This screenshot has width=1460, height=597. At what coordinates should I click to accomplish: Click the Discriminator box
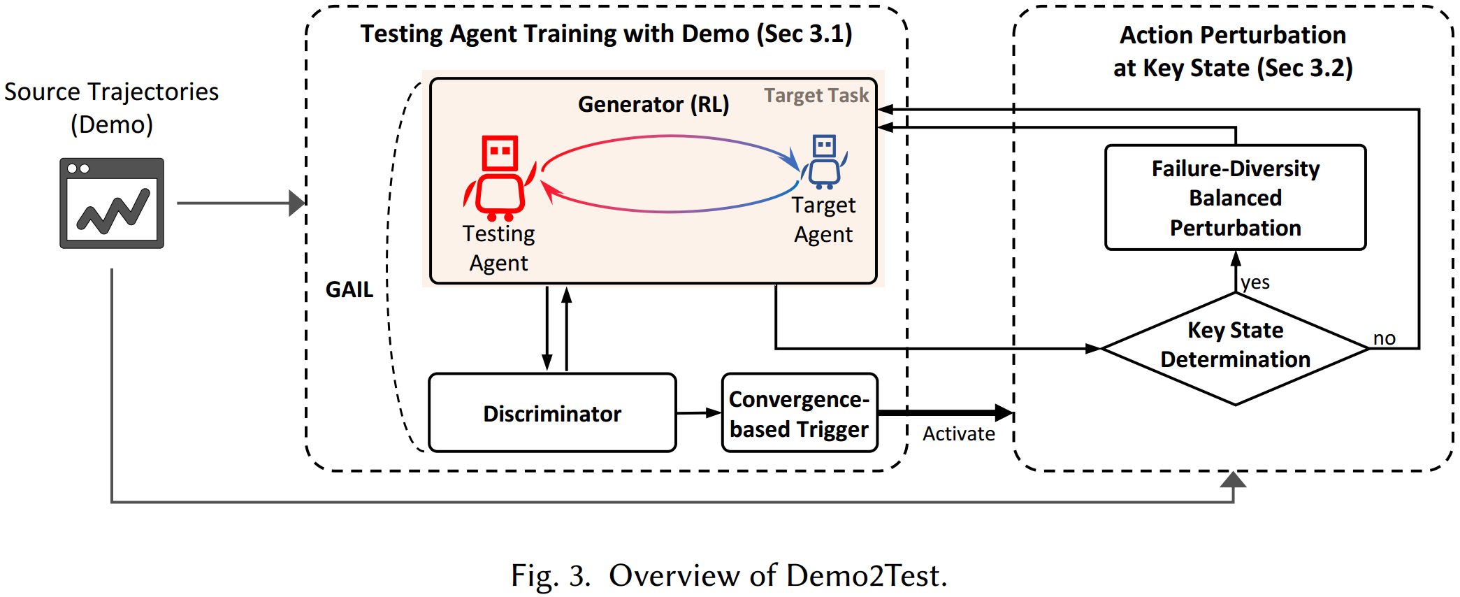pos(552,413)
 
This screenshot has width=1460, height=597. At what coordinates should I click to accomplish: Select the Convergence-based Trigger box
pos(800,413)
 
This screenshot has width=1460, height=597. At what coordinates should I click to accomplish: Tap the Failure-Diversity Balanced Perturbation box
pos(1235,198)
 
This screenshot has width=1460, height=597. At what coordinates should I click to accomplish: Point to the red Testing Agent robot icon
pos(499,178)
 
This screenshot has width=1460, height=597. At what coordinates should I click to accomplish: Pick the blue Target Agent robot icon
pos(824,162)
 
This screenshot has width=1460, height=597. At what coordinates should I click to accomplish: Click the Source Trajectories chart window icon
pos(112,203)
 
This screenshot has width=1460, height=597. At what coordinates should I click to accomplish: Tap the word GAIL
pos(349,289)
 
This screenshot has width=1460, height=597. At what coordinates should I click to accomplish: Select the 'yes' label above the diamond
pos(1255,282)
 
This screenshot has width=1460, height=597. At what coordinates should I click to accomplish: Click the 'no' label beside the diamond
pos(1384,338)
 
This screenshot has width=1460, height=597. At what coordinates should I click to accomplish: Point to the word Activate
pos(958,434)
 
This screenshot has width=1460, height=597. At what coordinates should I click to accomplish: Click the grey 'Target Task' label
pos(816,95)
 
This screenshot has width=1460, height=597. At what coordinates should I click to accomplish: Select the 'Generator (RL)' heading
pos(653,104)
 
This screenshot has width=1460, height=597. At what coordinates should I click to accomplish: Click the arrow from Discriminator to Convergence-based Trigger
pos(699,413)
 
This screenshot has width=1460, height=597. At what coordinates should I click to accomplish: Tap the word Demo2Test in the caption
pos(867,576)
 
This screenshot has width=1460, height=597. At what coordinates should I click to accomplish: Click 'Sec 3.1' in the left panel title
pos(804,34)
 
